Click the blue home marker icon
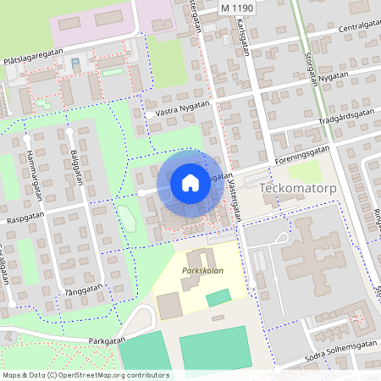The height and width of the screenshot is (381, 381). pyautogui.click(x=190, y=182)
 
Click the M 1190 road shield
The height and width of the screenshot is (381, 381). pyautogui.click(x=236, y=7)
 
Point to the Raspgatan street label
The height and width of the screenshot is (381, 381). pyautogui.click(x=23, y=217)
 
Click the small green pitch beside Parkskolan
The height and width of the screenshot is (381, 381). pyautogui.click(x=218, y=297)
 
